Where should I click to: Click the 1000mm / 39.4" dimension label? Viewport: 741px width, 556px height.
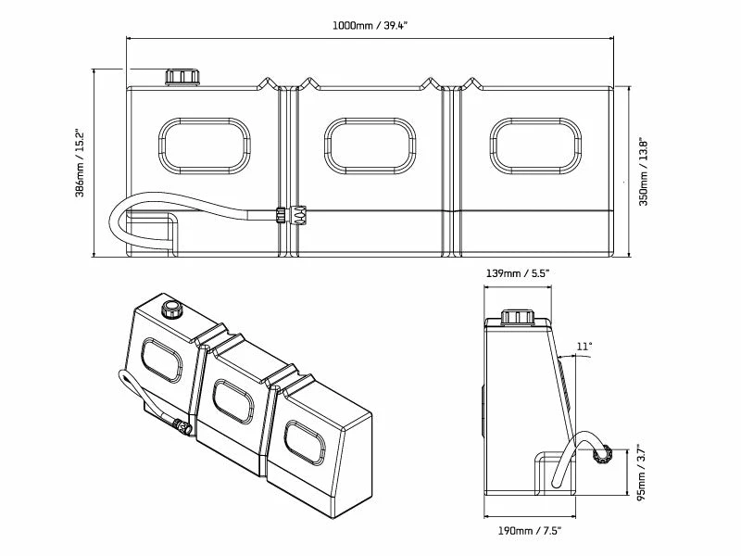pos(369,25)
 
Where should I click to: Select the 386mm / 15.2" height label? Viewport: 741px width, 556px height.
pos(82,162)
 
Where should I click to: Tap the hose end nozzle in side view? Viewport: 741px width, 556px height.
pos(600,454)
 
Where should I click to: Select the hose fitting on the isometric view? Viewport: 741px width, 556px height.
pos(182,428)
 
